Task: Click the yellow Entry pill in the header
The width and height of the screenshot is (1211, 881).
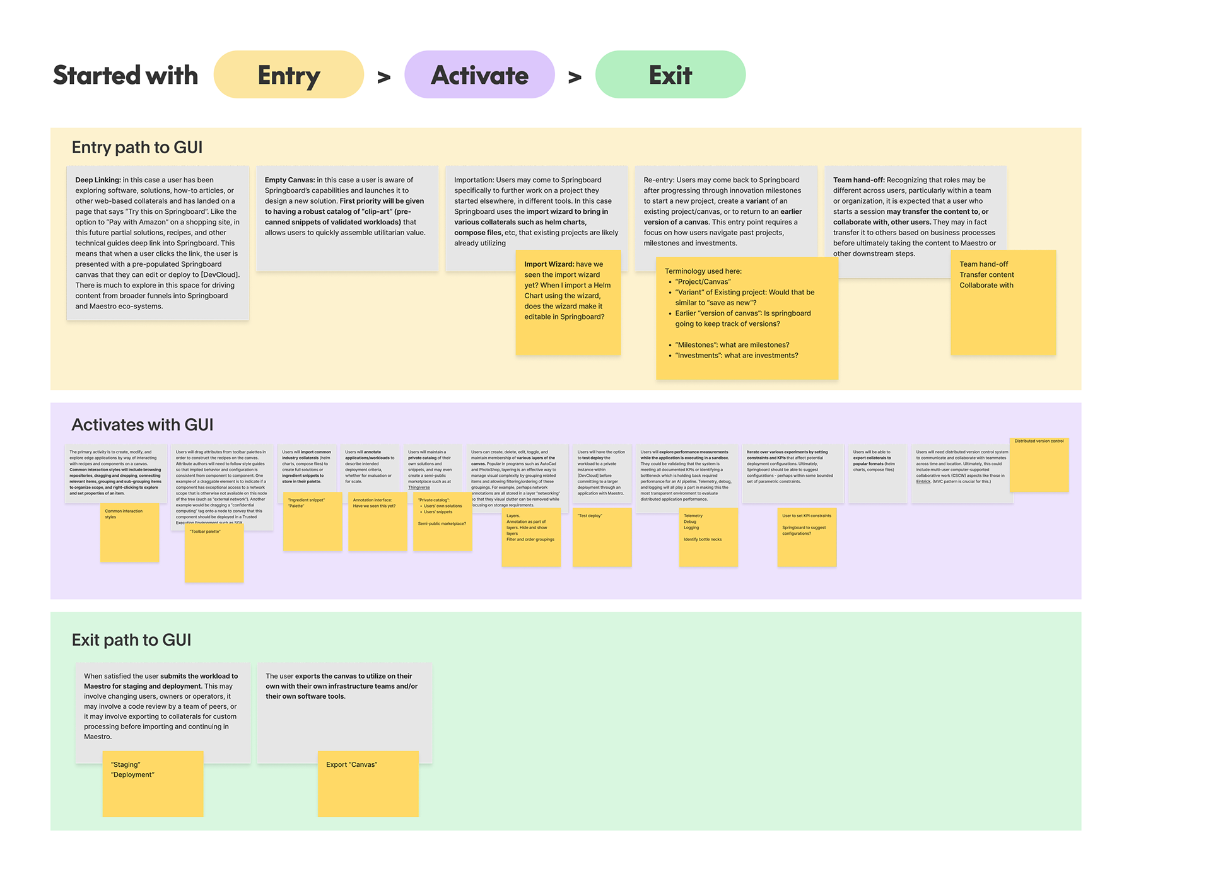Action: pos(288,75)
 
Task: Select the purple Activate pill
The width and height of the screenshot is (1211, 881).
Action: pos(479,75)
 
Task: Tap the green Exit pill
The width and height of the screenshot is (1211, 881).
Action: pos(670,75)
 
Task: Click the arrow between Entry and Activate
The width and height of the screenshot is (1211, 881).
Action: pos(383,78)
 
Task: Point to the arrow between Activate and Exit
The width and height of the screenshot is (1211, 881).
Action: pos(575,78)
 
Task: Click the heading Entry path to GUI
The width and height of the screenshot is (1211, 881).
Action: pos(137,148)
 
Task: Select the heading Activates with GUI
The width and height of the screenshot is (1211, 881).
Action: pos(143,425)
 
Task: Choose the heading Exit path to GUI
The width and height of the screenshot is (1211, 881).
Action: pos(131,640)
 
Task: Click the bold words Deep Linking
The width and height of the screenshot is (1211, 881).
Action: pos(98,180)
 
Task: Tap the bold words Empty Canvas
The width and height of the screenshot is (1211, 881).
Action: pos(289,180)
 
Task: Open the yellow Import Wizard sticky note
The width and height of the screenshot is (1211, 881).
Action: pos(568,303)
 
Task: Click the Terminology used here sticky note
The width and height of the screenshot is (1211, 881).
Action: pos(747,318)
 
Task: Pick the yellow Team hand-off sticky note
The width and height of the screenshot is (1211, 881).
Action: pos(1003,303)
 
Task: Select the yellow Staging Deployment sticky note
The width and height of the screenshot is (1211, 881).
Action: pos(153,784)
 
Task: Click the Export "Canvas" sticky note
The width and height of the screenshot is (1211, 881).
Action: pos(368,784)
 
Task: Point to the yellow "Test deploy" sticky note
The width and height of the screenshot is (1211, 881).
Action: pos(602,538)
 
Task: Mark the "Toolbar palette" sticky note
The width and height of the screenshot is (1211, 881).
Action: pos(214,554)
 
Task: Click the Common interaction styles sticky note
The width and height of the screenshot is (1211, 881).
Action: pos(129,534)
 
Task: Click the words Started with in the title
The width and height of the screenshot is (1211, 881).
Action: pos(126,75)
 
